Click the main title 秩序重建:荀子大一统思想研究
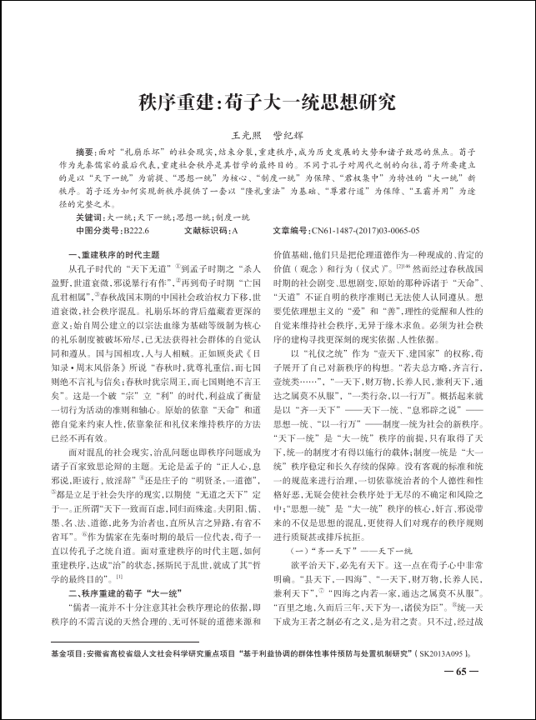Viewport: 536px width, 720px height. pyautogui.click(x=268, y=103)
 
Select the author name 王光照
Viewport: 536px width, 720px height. pyautogui.click(x=244, y=135)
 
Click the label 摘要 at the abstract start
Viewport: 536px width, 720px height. pyautogui.click(x=86, y=153)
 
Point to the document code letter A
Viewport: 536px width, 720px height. pyautogui.click(x=234, y=229)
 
